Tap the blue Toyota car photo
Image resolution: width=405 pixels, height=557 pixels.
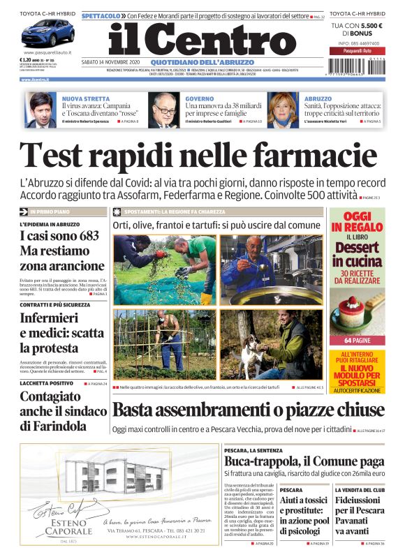[x=47, y=34]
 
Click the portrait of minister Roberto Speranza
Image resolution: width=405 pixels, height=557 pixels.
[x=43, y=110]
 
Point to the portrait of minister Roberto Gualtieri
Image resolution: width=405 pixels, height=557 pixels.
[x=164, y=110]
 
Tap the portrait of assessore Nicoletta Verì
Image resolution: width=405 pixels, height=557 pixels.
[x=283, y=110]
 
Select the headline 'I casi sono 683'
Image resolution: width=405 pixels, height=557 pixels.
[x=59, y=237]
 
